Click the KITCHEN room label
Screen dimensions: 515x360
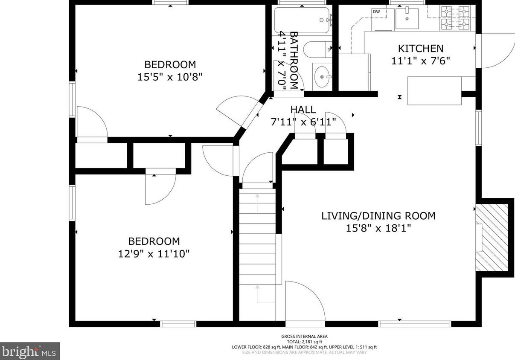point(421,49)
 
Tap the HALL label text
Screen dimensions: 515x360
point(303,110)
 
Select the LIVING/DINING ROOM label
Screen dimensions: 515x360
point(378,216)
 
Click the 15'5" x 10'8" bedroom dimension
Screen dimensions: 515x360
point(170,77)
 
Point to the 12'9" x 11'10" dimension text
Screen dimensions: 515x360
point(154,254)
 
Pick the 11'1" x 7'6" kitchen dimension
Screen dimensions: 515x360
point(421,61)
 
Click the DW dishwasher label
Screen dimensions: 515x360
point(376,12)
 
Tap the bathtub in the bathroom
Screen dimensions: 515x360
point(303,20)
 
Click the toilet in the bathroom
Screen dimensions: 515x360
point(317,49)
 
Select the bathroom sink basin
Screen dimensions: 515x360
point(322,76)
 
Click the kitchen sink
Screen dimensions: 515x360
point(407,18)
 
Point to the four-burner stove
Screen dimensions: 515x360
point(455,18)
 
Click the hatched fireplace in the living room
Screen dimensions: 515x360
point(492,241)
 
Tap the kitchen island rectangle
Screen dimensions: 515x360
point(434,91)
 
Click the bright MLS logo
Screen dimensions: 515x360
point(29,351)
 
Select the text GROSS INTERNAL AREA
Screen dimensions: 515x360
point(304,337)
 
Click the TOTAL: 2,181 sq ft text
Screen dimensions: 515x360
point(304,342)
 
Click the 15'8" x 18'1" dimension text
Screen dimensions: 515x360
point(378,228)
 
